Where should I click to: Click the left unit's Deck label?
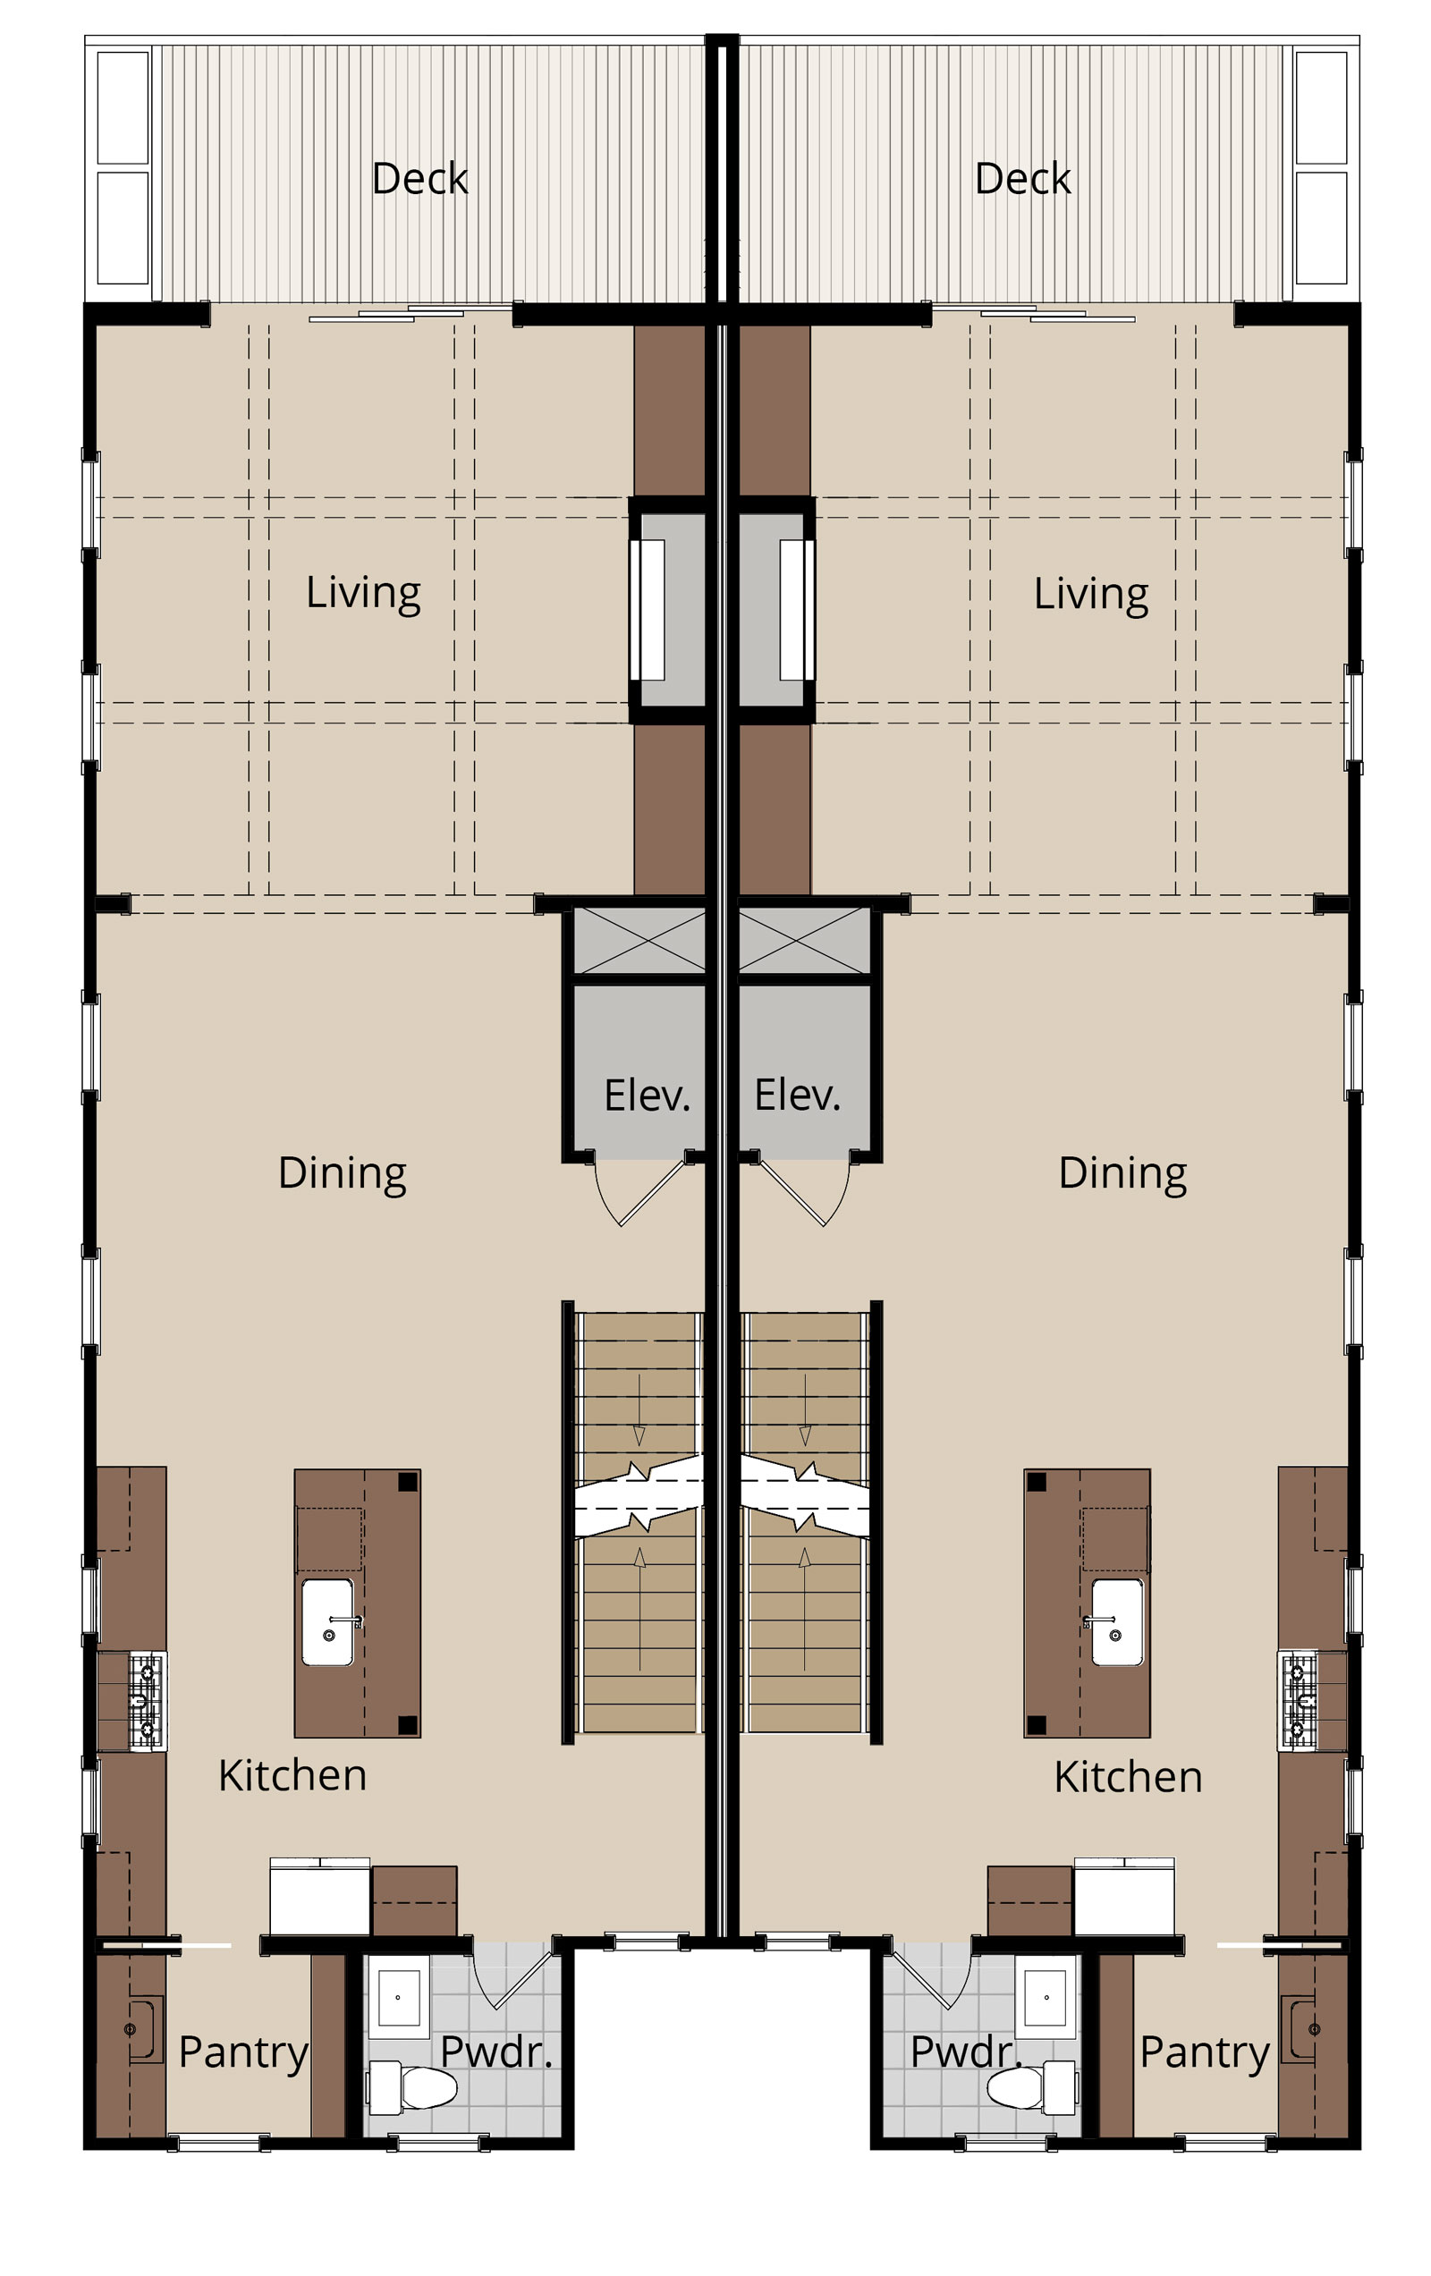click(419, 178)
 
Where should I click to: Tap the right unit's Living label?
click(1091, 595)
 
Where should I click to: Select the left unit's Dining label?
click(343, 1173)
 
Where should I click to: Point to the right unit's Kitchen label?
click(1128, 1776)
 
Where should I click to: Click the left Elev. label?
click(648, 1096)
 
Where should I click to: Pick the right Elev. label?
click(797, 1096)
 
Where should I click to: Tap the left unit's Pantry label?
click(243, 2053)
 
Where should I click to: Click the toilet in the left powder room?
click(413, 2088)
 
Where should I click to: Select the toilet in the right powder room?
click(1031, 2088)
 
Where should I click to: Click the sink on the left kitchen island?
click(328, 1622)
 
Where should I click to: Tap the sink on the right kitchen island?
click(1116, 1622)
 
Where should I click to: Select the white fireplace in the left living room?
click(648, 610)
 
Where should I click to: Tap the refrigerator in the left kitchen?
click(319, 1896)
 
